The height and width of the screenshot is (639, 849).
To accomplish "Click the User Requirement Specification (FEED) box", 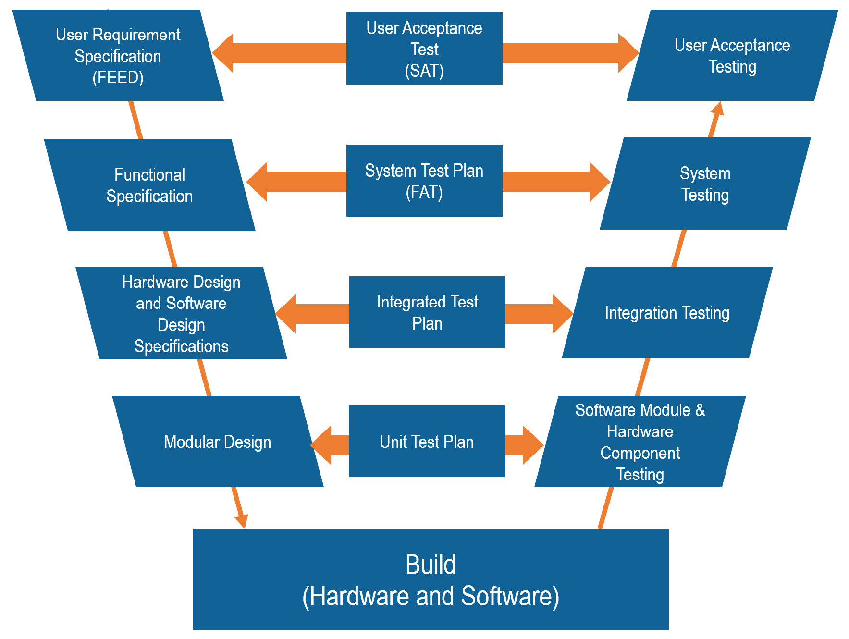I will (x=118, y=55).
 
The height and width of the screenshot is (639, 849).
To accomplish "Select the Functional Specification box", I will (x=149, y=185).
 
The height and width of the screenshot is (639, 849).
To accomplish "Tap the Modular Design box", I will (x=217, y=442).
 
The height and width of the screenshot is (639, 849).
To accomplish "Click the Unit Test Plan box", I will (x=427, y=441).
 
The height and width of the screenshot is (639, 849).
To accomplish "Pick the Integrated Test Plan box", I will (x=427, y=312).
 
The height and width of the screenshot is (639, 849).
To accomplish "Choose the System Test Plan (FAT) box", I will (x=424, y=181).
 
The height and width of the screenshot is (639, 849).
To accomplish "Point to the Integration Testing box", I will (x=667, y=313).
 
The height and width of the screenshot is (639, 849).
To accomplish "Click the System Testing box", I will (x=705, y=184).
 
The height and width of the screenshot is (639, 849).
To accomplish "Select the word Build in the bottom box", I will (x=431, y=565).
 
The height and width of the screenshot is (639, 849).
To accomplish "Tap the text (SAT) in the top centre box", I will (x=424, y=71).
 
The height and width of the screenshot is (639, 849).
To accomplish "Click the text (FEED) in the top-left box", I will (x=118, y=77).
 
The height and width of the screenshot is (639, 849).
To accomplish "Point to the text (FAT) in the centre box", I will (x=424, y=192).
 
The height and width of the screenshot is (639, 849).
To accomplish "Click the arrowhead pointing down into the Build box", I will (x=242, y=520).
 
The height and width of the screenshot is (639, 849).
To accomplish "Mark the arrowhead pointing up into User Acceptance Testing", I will (x=717, y=109).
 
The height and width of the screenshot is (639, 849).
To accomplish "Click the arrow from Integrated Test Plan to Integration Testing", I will (x=538, y=314).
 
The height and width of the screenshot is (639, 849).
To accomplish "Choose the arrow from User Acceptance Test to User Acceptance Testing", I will (x=569, y=53).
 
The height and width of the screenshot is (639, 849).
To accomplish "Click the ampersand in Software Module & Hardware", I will (x=700, y=410).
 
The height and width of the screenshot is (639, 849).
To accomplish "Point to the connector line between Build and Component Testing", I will (x=606, y=508).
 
